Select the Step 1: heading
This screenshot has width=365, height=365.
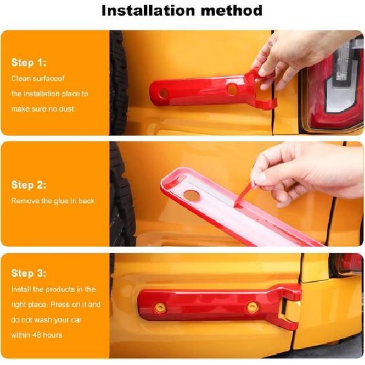28,63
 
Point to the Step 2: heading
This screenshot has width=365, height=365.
28,185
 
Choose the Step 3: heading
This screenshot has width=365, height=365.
28,274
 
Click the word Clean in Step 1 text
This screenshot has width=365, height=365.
21,78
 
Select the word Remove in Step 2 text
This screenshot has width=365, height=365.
25,201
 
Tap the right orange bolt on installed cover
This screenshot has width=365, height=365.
253,306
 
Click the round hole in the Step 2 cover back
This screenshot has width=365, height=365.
192,194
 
